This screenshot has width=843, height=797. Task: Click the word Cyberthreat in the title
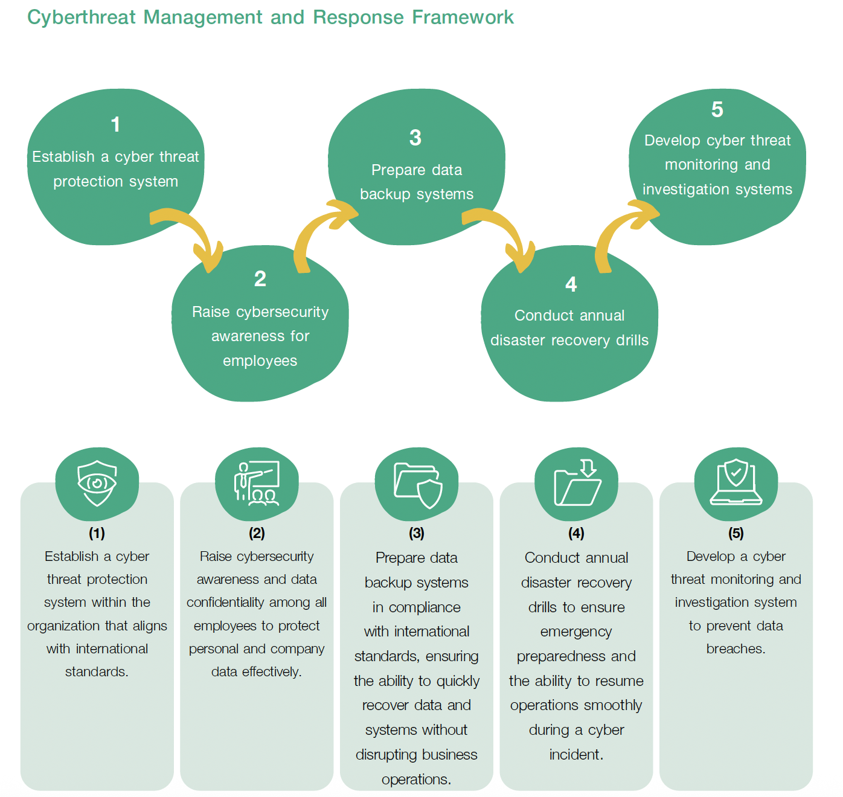82,18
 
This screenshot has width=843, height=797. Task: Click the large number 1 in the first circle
115,124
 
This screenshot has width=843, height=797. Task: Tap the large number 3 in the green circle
415,138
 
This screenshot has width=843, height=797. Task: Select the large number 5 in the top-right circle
717,109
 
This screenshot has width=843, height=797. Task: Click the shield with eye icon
97,483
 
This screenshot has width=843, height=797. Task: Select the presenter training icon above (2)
257,483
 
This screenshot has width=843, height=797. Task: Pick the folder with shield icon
417,485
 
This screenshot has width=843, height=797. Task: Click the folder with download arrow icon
577,483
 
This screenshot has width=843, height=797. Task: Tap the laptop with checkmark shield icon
736,483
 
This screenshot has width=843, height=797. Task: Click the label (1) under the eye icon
97,533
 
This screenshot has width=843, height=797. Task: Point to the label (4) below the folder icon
576,533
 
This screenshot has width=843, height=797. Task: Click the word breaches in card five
735,649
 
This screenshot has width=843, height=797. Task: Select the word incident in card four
575,755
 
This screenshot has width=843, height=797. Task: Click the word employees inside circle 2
260,361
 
